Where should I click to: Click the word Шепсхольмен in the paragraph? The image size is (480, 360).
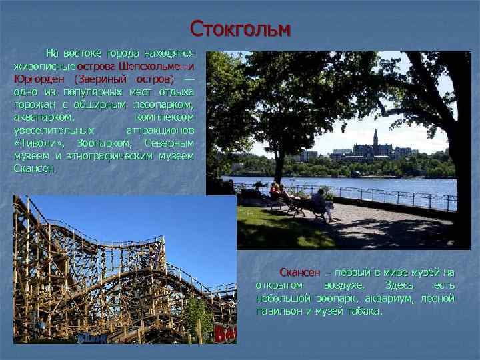tap(152, 66)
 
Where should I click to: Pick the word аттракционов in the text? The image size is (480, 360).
tap(160, 129)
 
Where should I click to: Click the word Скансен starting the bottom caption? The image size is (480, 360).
tap(300, 273)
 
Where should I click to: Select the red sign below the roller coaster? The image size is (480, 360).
tap(225, 333)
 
